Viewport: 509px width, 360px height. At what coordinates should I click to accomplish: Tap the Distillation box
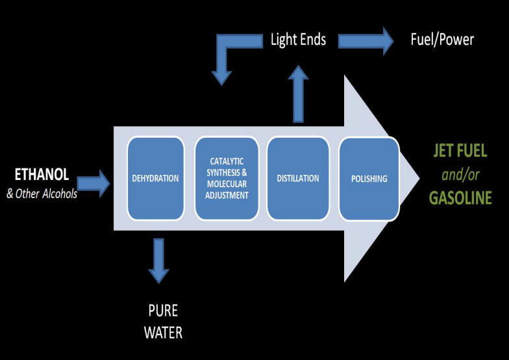tap(298, 177)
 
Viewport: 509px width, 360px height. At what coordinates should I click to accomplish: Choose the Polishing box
tap(368, 178)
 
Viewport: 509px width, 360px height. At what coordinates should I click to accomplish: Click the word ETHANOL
tap(42, 174)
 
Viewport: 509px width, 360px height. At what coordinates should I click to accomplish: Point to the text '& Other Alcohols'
tap(42, 193)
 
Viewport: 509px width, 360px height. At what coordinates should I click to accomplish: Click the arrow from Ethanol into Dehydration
tap(95, 183)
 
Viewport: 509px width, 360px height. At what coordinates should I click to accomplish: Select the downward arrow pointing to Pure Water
tap(158, 260)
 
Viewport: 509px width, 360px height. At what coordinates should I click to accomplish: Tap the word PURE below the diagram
tap(162, 310)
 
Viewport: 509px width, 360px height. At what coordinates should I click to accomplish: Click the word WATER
tap(162, 332)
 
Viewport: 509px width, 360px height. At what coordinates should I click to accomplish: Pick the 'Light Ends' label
tap(298, 40)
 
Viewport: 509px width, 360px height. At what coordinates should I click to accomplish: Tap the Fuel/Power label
tap(442, 40)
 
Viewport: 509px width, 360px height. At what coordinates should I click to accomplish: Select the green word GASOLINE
tap(460, 197)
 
